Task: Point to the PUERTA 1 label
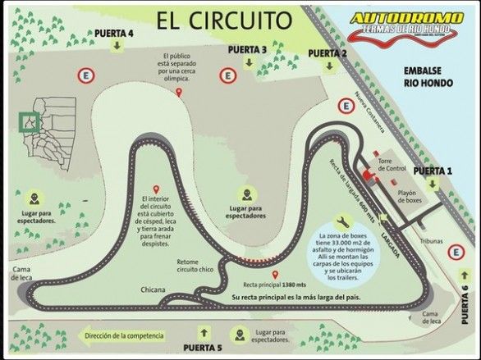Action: point(433,171)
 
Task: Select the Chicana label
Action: point(153,289)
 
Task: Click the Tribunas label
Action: point(432,241)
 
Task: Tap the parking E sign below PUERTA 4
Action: point(83,75)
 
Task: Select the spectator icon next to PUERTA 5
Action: point(238,335)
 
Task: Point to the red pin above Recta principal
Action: point(276,274)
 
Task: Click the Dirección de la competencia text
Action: point(123,335)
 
